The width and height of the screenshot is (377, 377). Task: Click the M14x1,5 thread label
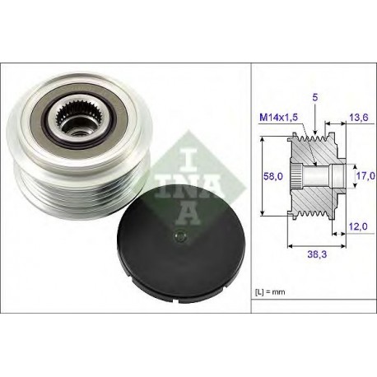click(x=278, y=118)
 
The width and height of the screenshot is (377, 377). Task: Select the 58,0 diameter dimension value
click(x=272, y=176)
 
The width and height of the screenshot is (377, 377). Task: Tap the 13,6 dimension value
click(x=358, y=118)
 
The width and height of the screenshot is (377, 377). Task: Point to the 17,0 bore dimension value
click(x=365, y=176)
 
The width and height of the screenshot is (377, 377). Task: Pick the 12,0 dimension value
click(x=358, y=226)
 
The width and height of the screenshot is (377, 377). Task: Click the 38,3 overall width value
click(x=317, y=254)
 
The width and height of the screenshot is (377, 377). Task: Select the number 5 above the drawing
click(x=315, y=97)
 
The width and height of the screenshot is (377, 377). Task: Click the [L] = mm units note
click(x=270, y=292)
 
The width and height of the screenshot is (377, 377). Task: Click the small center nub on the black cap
click(x=180, y=235)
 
